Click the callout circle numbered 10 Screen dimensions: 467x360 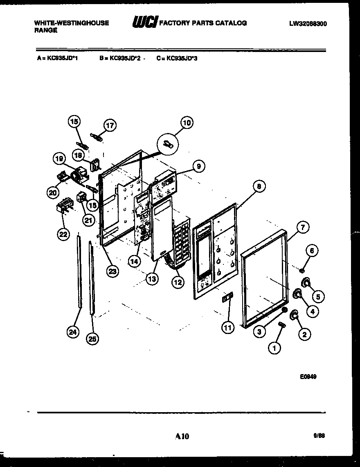pyautogui.click(x=187, y=122)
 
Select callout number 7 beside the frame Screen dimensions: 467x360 pyautogui.click(x=303, y=227)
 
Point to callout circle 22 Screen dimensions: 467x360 pyautogui.click(x=62, y=234)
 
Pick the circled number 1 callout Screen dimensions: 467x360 pyautogui.click(x=274, y=348)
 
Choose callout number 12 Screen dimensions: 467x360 pyautogui.click(x=178, y=282)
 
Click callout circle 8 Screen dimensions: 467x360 pyautogui.click(x=259, y=187)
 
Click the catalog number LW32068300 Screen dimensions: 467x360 pyautogui.click(x=308, y=24)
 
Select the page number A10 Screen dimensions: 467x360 pyautogui.click(x=182, y=436)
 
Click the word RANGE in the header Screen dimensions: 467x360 pyautogui.click(x=45, y=30)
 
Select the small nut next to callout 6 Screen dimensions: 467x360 pyautogui.click(x=301, y=270)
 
